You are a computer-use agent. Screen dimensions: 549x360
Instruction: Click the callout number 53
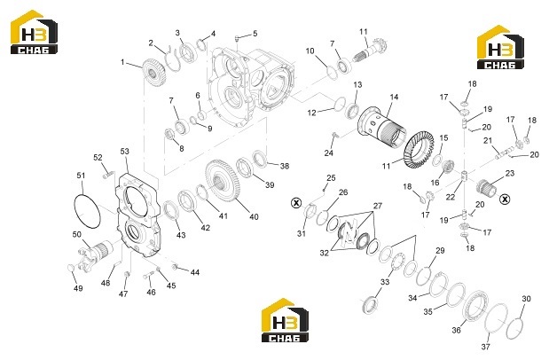[124, 152]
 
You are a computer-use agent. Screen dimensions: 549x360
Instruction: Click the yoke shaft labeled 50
[96, 254]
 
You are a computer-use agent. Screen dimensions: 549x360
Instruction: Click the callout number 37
[485, 347]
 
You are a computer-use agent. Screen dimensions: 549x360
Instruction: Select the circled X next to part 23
[505, 200]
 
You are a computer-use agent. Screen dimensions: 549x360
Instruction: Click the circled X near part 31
[296, 202]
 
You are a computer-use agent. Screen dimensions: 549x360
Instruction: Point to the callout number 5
[255, 34]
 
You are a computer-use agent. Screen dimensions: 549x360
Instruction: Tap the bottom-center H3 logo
[286, 320]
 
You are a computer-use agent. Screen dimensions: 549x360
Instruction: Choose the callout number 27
[377, 206]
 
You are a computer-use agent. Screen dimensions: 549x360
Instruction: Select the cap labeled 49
[71, 269]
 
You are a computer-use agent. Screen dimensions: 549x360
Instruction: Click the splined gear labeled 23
[486, 187]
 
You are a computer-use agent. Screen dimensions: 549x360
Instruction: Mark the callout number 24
[328, 153]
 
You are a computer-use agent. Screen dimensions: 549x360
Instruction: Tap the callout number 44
[194, 272]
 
